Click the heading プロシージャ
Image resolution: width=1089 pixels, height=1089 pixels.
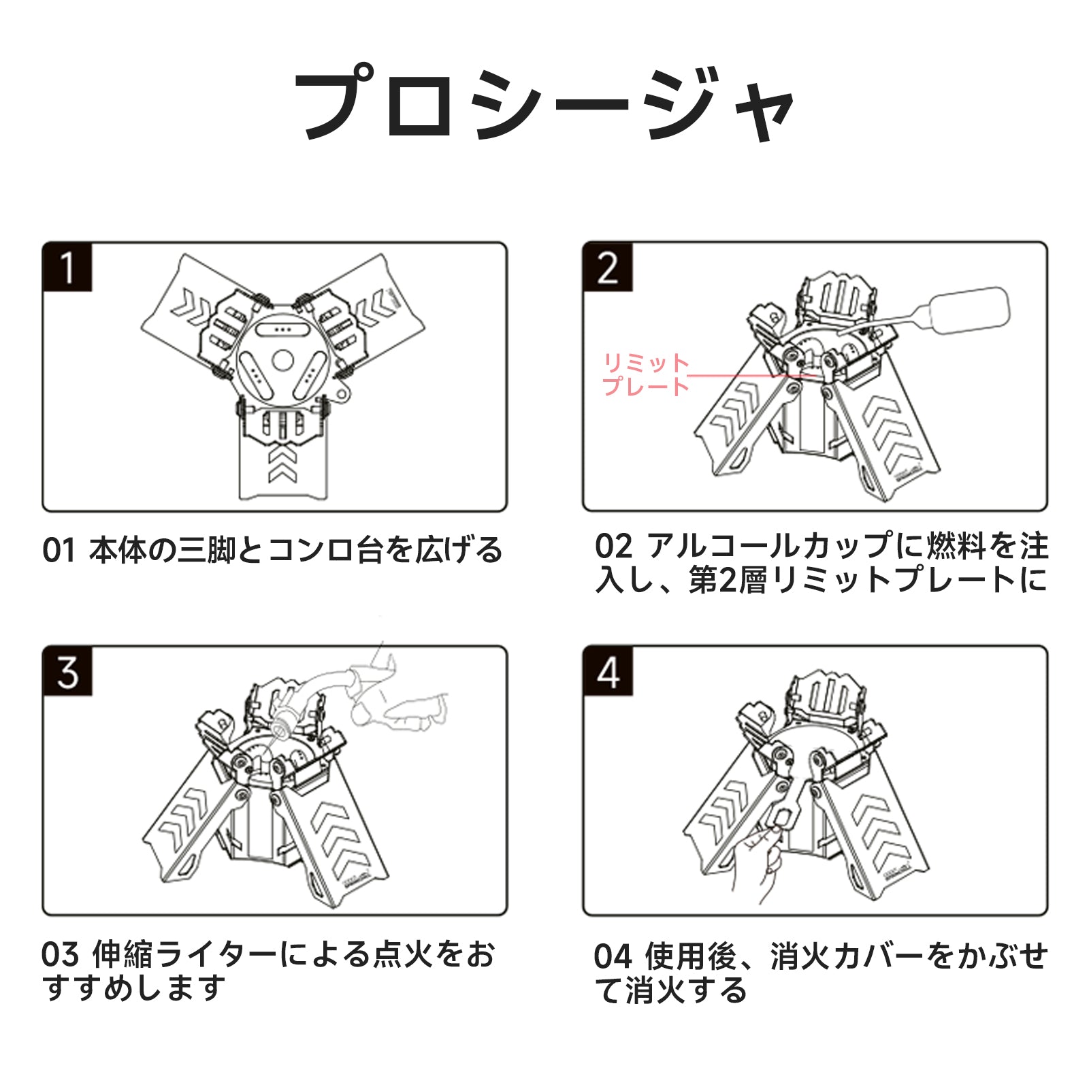coord(544,104)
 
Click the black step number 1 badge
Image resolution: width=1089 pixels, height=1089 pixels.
coord(67,267)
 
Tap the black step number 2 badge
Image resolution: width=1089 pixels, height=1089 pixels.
coord(607,267)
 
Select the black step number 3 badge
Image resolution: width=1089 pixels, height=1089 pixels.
coord(67,671)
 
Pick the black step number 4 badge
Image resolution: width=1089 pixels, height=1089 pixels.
coord(607,671)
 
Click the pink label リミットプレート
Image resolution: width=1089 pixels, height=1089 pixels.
coord(646,374)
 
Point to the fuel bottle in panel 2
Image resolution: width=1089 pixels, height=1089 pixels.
coord(970,310)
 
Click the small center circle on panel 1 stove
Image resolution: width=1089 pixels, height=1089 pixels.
coord(282,360)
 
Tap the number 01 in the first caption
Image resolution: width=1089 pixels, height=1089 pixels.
coord(59,551)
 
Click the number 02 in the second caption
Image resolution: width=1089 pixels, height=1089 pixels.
coord(613,547)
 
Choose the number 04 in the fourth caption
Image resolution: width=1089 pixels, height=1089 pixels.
coord(612,956)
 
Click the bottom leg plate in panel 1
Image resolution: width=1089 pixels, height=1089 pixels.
coord(282,470)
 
